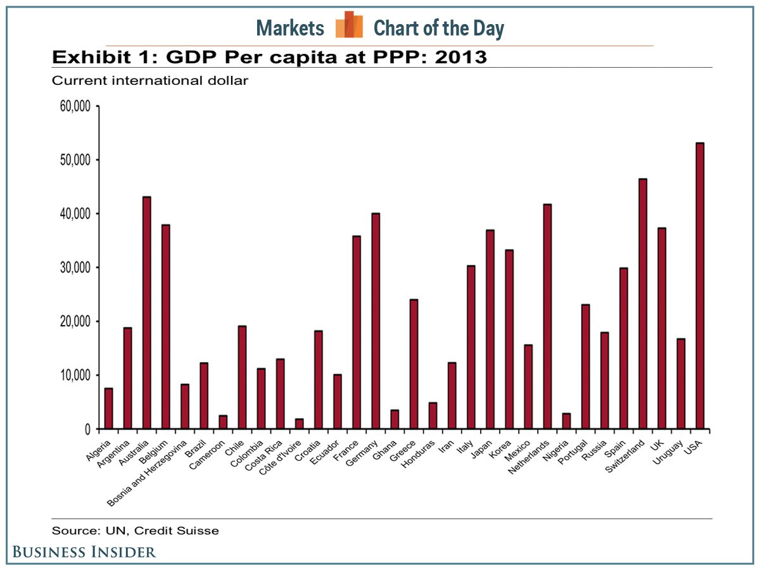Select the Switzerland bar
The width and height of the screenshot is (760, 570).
(643, 304)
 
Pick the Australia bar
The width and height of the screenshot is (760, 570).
(147, 313)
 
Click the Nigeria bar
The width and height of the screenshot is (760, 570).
(566, 421)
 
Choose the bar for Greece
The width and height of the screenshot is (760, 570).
(414, 364)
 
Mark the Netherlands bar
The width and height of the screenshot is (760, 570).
(547, 317)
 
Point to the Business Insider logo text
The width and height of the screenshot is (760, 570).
(84, 552)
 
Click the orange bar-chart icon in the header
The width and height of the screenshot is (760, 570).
(349, 25)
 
